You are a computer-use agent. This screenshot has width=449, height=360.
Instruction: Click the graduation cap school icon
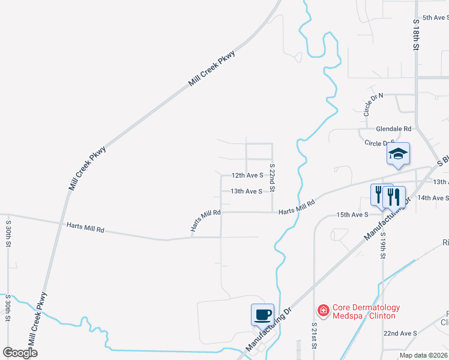point(398,154)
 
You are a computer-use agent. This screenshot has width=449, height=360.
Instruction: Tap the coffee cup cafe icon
point(263,314)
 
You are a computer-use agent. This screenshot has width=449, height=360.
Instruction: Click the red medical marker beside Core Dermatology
point(323,310)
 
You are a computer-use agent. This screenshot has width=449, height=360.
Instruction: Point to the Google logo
point(20,353)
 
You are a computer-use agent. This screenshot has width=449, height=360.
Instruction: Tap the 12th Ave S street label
point(247,175)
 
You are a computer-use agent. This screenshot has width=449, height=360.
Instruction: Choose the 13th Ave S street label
point(247,191)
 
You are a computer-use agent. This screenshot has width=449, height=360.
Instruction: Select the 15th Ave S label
point(352,214)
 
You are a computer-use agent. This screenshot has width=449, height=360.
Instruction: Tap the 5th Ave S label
point(435,18)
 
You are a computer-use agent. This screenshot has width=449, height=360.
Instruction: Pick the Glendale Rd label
point(394,129)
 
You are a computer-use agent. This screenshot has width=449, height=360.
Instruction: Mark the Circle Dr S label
point(379,143)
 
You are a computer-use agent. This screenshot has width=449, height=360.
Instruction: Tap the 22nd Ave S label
point(400,333)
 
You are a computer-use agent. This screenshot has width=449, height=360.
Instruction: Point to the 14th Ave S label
point(433,197)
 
